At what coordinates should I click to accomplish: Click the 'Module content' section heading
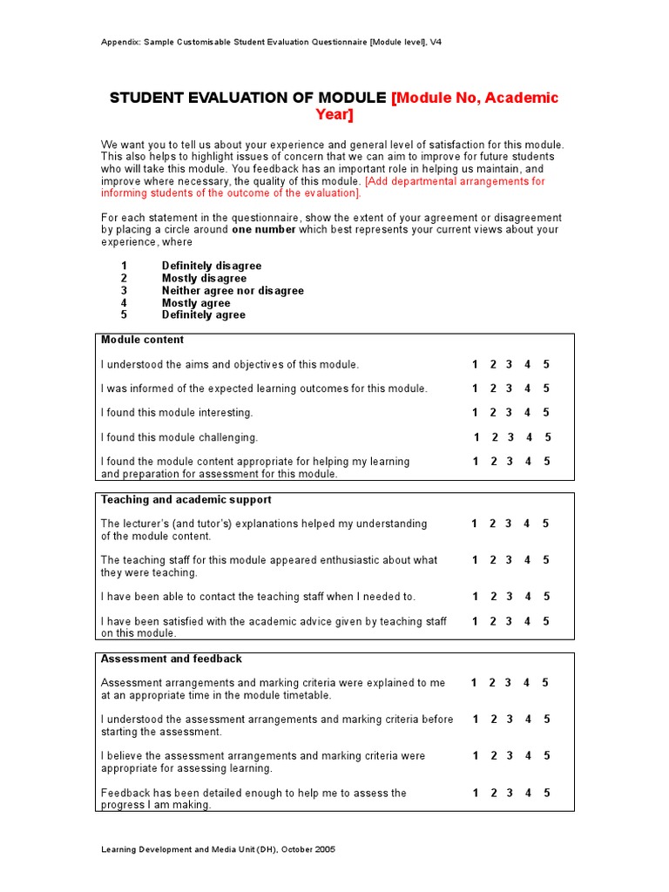142,340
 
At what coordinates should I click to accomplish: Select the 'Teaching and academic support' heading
186,500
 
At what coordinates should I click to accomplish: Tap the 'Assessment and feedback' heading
172,659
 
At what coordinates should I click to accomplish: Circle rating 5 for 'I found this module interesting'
546,413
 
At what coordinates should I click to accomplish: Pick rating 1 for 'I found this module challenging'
476,437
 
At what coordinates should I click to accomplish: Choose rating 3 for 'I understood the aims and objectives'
510,365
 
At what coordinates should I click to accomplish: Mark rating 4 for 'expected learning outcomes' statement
528,389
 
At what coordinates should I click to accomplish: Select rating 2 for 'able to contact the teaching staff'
493,597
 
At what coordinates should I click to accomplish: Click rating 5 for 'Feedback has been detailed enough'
546,794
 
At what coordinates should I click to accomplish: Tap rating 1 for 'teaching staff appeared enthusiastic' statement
476,560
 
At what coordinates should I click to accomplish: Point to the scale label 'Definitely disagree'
212,266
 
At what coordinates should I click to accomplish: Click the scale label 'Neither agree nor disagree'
233,291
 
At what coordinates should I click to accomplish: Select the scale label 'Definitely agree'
204,315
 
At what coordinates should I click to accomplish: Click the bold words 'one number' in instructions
264,230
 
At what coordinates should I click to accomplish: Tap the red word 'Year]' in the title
334,116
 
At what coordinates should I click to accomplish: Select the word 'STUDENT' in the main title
147,98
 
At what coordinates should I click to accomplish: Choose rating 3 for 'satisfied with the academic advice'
510,621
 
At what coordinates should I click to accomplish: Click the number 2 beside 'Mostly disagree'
124,279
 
